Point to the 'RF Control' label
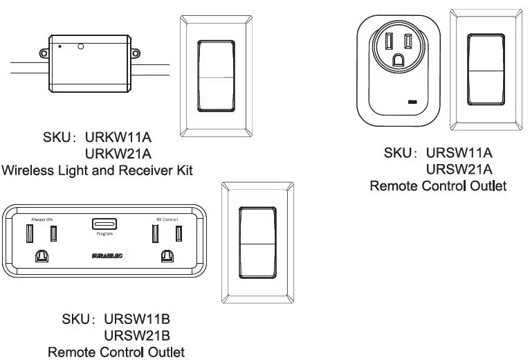pyautogui.click(x=164, y=219)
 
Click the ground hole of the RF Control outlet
pyautogui.click(x=166, y=256)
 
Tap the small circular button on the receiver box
pyautogui.click(x=81, y=47)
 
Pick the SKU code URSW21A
pyautogui.click(x=459, y=169)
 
